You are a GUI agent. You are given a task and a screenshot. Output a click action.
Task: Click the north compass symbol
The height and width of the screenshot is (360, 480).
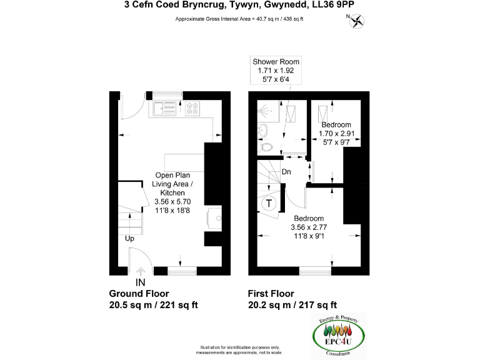coord(357,21)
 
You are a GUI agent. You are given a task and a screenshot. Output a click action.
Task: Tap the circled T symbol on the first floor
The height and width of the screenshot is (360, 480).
coord(269,203)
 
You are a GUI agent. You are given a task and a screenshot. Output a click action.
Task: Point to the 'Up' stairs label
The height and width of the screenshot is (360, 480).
coord(129,238)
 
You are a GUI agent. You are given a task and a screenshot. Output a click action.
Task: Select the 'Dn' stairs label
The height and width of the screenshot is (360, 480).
coord(286,171)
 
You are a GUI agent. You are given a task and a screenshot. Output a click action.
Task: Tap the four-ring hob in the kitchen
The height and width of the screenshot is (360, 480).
coord(193,109)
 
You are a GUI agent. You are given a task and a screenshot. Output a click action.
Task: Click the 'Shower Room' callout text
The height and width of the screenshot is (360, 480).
coord(276,62)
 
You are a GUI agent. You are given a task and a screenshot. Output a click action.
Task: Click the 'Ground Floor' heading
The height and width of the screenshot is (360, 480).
coord(139,294)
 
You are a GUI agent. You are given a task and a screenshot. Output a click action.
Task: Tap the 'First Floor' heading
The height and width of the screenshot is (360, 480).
coord(271,294)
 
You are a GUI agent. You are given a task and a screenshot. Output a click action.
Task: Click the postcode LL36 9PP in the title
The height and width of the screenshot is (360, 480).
coord(339,5)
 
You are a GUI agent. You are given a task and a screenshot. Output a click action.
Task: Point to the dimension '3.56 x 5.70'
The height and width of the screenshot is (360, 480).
coord(172,202)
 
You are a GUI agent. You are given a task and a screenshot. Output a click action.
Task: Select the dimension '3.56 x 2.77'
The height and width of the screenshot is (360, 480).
coord(310,227)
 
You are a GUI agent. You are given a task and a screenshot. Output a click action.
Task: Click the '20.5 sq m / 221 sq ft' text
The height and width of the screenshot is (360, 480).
coord(154,305)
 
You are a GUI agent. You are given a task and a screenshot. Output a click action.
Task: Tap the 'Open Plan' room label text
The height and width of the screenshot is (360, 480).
coord(172,176)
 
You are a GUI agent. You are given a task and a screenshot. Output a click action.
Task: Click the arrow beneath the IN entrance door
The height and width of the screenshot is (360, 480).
coord(141,271)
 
